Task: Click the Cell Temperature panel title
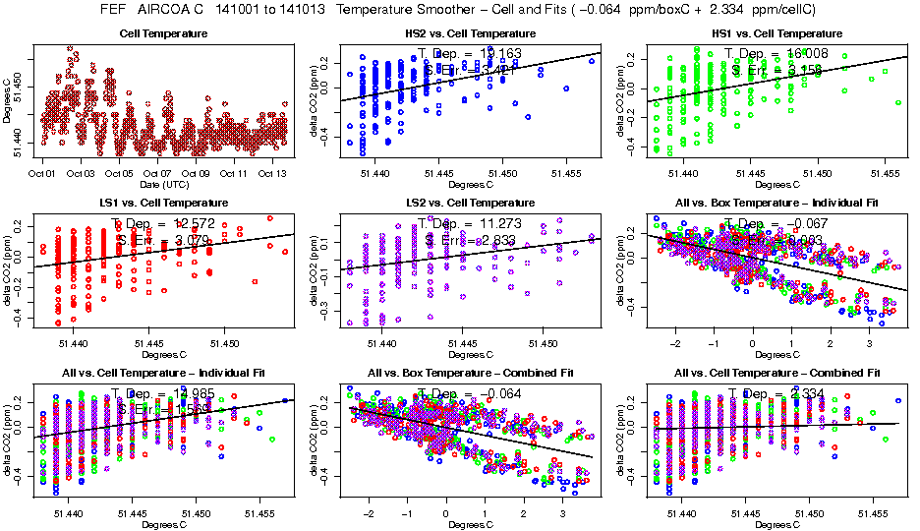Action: [x=163, y=33]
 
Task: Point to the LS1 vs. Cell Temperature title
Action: [x=163, y=203]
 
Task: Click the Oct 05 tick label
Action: [x=119, y=174]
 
